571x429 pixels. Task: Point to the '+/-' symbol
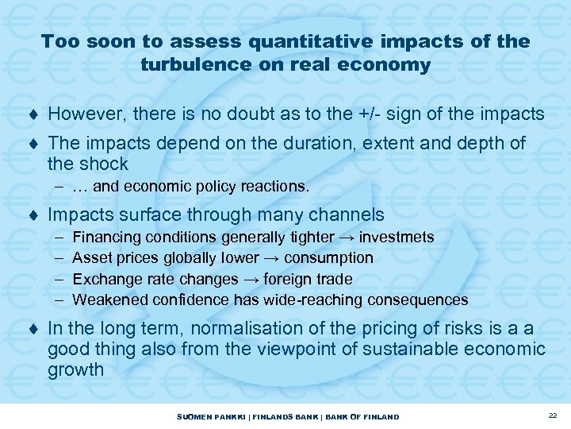tap(367, 114)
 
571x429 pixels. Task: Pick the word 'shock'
tap(104, 164)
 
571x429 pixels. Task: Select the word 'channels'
tap(346, 214)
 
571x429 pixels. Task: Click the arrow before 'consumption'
tap(272, 258)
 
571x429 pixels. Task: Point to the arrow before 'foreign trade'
tap(251, 279)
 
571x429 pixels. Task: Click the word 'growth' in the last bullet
tap(76, 370)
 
